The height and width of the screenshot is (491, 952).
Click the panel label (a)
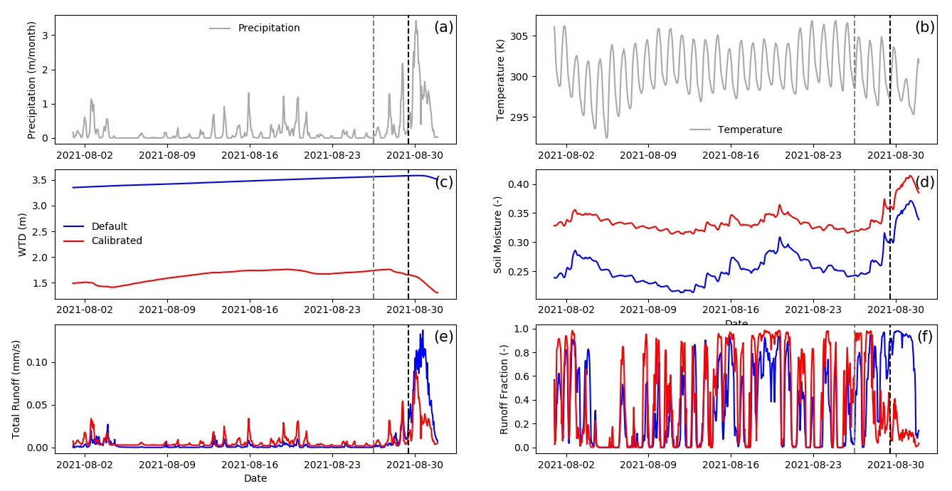(443, 28)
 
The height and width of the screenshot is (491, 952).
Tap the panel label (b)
(925, 28)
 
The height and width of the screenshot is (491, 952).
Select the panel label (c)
(444, 182)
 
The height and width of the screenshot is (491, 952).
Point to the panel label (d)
(925, 182)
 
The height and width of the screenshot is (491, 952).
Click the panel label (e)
(443, 337)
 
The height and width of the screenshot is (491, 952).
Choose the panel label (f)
(925, 337)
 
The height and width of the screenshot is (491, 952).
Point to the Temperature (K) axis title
(500, 79)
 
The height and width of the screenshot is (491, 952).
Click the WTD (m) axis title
(22, 234)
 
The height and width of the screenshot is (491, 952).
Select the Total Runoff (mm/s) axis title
(16, 389)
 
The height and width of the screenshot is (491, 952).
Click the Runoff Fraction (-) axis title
(504, 389)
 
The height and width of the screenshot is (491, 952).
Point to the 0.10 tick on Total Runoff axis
(38, 362)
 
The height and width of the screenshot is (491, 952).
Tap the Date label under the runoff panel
(255, 478)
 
